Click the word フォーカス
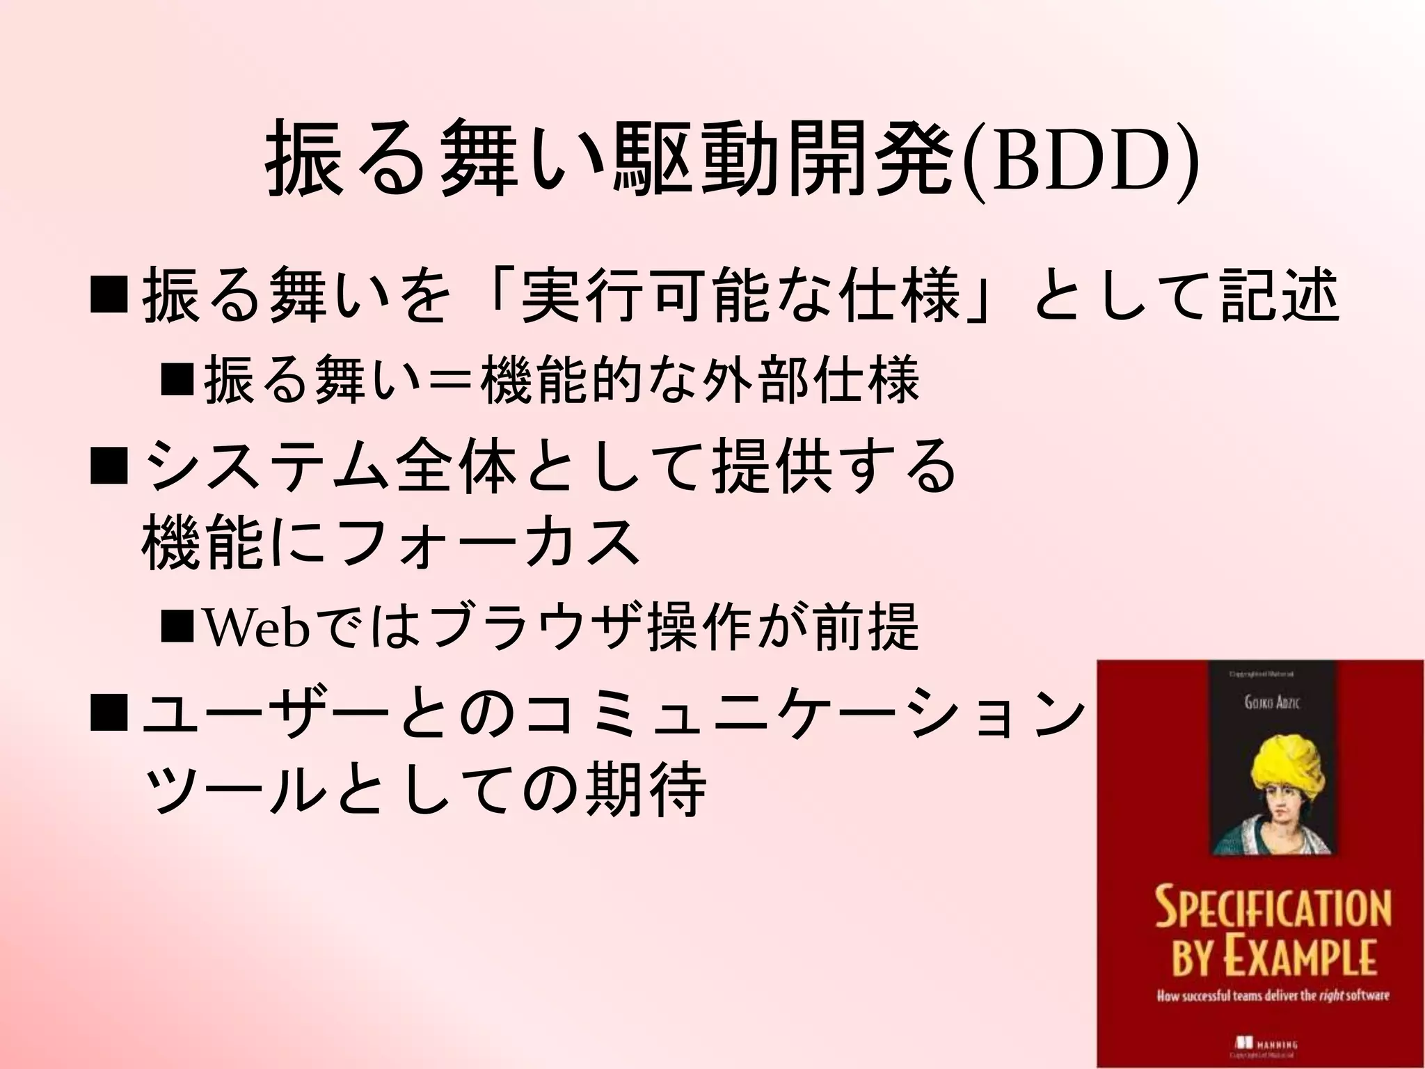(x=487, y=543)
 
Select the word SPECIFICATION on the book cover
(x=1273, y=908)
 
